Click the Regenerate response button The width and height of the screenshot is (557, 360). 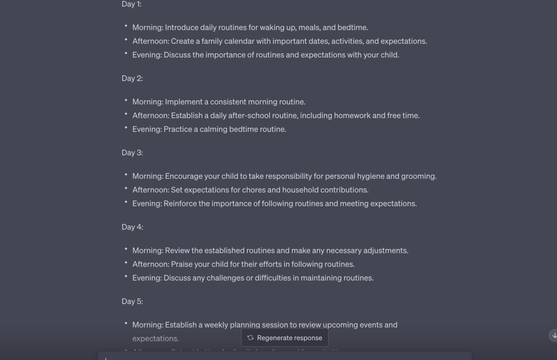(285, 338)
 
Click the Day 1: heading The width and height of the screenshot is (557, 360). (131, 4)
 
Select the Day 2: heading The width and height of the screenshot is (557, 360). (132, 78)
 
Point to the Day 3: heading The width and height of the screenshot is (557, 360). (132, 152)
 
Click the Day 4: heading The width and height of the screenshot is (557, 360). (132, 227)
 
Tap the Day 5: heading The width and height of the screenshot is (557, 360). (132, 301)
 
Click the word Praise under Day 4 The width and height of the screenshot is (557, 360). (182, 264)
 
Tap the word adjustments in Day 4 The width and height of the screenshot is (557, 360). (385, 250)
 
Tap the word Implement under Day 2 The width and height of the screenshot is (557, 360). (183, 102)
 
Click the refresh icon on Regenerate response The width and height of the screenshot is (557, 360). (251, 338)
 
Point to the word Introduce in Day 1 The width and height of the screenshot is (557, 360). (181, 27)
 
